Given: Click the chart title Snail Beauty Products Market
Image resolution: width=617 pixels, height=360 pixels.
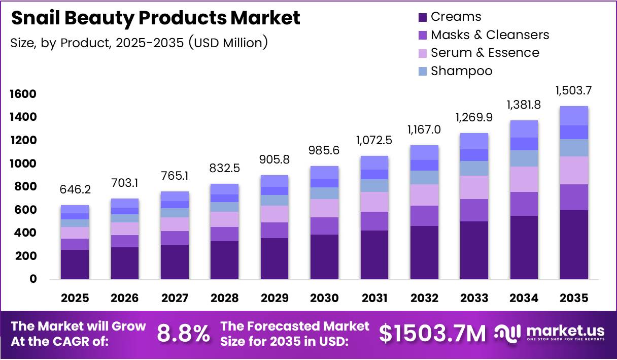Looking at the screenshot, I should (x=155, y=18).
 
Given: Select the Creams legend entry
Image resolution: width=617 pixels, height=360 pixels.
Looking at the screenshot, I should (x=449, y=17).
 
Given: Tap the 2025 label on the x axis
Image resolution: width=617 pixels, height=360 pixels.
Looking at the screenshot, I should (x=75, y=298).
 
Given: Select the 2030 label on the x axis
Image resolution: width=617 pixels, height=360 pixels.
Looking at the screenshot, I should (x=324, y=298).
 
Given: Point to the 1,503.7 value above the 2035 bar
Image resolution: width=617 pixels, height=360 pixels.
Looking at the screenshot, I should (x=574, y=90).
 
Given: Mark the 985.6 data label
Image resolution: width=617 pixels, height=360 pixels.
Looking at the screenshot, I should (x=324, y=151).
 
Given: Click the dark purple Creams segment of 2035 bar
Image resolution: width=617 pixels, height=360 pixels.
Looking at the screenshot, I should (x=574, y=245).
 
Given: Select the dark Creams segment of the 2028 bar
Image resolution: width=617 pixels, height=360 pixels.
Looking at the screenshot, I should (x=224, y=260).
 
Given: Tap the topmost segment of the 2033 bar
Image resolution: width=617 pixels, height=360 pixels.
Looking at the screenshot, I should (x=474, y=141).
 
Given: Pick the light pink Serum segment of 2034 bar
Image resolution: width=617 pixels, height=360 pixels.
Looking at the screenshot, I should (x=524, y=179).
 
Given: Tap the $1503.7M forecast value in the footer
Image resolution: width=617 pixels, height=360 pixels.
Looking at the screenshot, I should (x=432, y=334).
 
